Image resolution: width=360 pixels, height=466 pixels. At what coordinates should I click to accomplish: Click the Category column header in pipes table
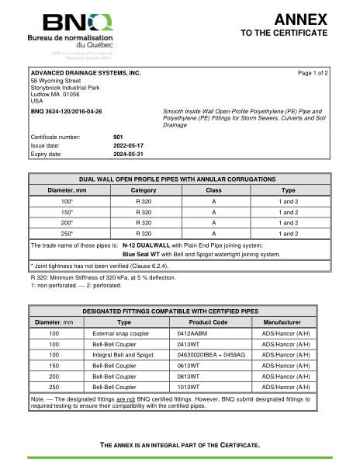[144, 190]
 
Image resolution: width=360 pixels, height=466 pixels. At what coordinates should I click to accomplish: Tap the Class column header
[213, 190]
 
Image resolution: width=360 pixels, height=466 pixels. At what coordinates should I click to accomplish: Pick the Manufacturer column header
[286, 322]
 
